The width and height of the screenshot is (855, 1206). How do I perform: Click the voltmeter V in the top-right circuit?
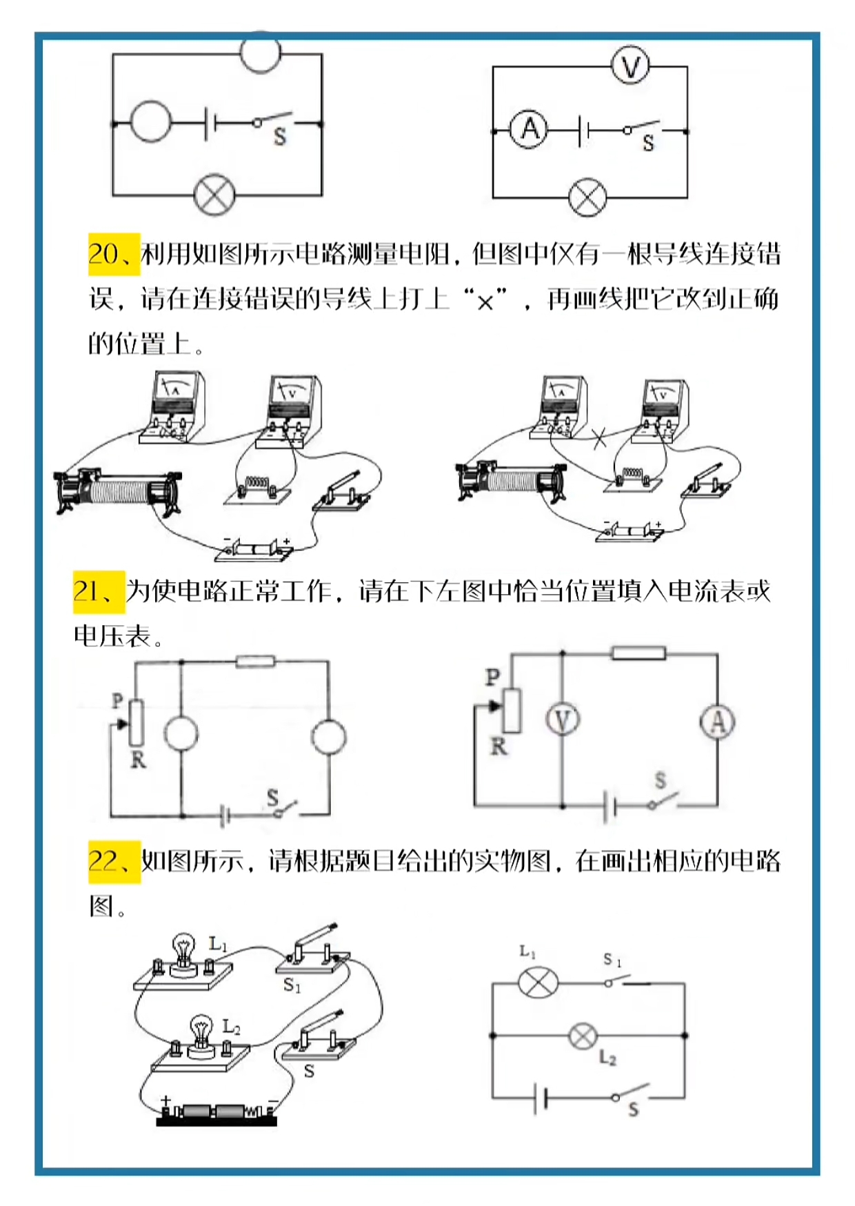[x=630, y=66]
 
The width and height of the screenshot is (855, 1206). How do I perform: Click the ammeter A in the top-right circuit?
[x=529, y=130]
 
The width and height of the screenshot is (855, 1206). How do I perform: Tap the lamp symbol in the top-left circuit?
[x=214, y=195]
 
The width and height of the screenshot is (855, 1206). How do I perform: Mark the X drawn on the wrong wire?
[x=600, y=437]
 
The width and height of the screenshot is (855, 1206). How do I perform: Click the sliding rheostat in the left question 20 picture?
[x=117, y=491]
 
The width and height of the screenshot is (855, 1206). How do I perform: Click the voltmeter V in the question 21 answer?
[x=563, y=721]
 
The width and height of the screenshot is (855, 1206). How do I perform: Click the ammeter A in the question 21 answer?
[x=717, y=722]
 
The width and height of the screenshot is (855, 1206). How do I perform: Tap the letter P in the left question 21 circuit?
[x=117, y=701]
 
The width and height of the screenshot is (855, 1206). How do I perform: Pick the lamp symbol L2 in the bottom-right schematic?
[x=583, y=1036]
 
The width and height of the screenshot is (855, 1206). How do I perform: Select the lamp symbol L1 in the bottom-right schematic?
[x=538, y=982]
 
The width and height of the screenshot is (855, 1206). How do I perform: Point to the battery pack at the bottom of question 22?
[x=217, y=1112]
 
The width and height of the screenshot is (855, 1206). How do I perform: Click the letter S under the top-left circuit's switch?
[x=280, y=137]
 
